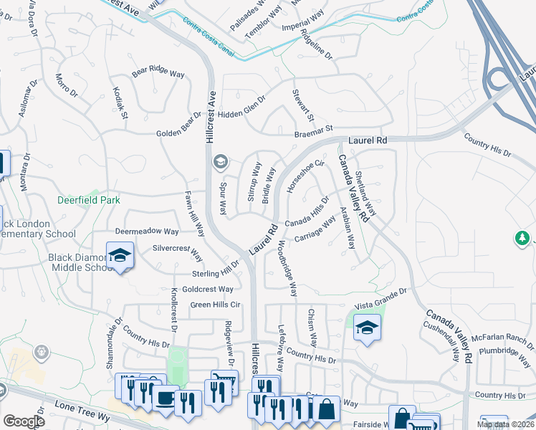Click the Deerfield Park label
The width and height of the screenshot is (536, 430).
(x=89, y=201)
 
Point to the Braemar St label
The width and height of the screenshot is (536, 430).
(x=314, y=130)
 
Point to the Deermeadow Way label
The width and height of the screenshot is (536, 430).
(x=147, y=232)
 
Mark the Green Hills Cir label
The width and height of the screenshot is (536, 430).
(x=214, y=305)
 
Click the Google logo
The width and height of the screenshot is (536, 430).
(x=24, y=421)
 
